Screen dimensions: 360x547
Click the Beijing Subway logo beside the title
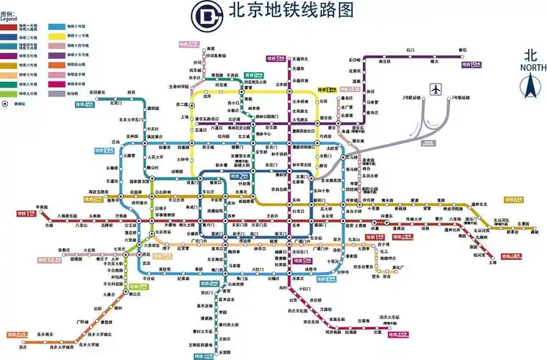click(206, 12)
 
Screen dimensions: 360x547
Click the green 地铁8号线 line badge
click(253, 74)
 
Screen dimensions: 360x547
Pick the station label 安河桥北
click(101, 92)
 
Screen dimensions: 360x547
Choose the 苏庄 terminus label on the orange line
click(23, 347)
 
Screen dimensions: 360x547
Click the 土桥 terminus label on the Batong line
click(492, 263)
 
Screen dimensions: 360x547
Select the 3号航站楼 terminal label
click(461, 97)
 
